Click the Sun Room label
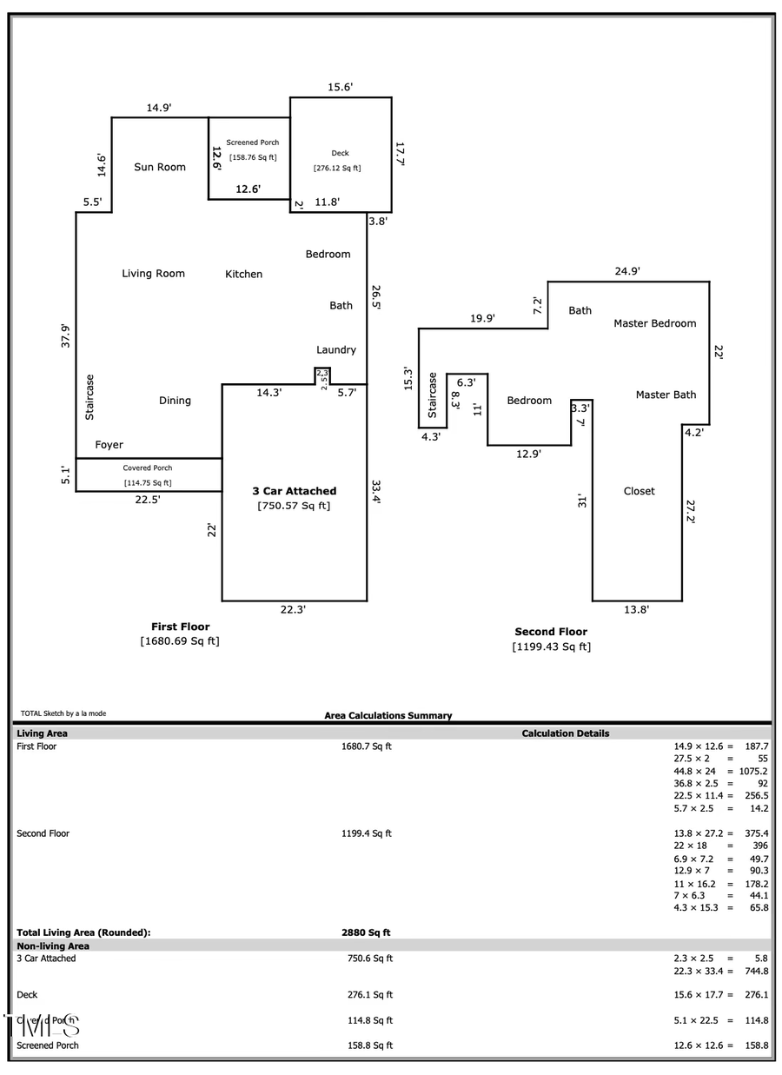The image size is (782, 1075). [x=160, y=167]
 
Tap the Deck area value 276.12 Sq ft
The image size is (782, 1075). [x=337, y=169]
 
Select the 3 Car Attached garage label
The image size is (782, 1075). [x=294, y=491]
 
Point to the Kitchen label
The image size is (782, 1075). [x=244, y=274]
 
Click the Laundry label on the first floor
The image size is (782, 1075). [x=336, y=349]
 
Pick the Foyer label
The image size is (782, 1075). [x=109, y=445]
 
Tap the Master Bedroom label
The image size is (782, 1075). [x=655, y=323]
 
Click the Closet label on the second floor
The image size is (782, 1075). [x=640, y=491]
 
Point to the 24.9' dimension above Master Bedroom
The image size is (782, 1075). [x=627, y=271]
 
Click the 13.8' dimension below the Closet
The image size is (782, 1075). [x=636, y=610]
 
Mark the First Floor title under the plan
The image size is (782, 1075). [x=181, y=627]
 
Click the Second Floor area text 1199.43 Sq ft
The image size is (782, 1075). [x=551, y=647]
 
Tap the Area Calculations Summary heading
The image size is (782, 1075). [x=388, y=715]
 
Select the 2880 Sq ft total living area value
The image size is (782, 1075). [x=366, y=932]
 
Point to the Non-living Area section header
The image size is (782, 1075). [x=53, y=946]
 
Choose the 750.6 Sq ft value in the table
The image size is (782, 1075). [x=370, y=959]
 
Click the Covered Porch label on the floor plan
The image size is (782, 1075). [x=148, y=468]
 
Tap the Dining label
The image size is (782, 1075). [x=175, y=401]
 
